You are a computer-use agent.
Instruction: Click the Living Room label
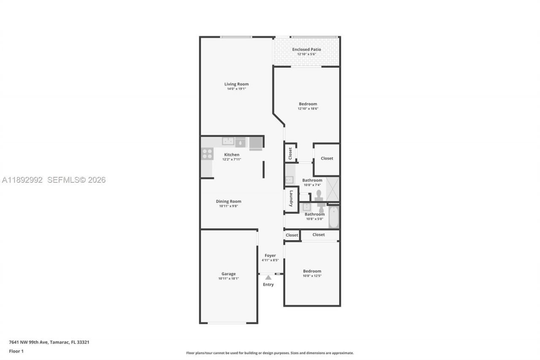pyautogui.click(x=236, y=84)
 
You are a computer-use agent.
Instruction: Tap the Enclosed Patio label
pyautogui.click(x=307, y=49)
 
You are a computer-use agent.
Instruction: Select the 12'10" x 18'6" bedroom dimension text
pyautogui.click(x=308, y=108)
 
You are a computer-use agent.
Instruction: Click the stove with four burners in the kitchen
pyautogui.click(x=207, y=154)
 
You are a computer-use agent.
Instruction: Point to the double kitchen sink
pyautogui.click(x=228, y=141)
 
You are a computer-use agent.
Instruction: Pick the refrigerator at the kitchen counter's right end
pyautogui.click(x=256, y=143)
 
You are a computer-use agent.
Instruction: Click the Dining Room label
pyautogui.click(x=229, y=201)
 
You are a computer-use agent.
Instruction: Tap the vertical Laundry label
pyautogui.click(x=291, y=199)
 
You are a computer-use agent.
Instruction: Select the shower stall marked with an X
pyautogui.click(x=332, y=189)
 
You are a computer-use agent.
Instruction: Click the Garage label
pyautogui.click(x=229, y=274)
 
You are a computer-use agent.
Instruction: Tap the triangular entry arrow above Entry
pyautogui.click(x=268, y=277)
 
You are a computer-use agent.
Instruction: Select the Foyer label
pyautogui.click(x=270, y=255)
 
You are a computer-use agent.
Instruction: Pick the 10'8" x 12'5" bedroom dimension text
pyautogui.click(x=312, y=276)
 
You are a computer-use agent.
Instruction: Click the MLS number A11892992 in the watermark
pyautogui.click(x=22, y=180)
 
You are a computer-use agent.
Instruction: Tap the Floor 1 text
pyautogui.click(x=16, y=351)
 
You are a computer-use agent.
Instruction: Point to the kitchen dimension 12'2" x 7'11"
pyautogui.click(x=232, y=159)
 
